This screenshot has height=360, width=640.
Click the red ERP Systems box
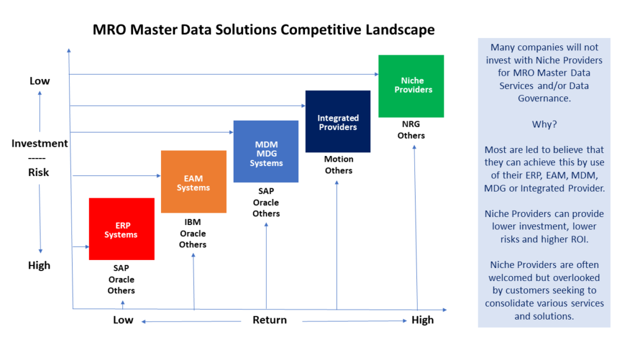pyautogui.click(x=121, y=229)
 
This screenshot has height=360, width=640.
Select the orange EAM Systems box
pyautogui.click(x=193, y=182)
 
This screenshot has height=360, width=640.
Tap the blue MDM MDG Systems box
pyautogui.click(x=266, y=152)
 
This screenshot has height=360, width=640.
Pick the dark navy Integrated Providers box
pyautogui.click(x=337, y=122)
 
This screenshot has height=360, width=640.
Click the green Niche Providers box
pyautogui.click(x=411, y=86)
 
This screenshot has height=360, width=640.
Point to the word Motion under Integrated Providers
pyautogui.click(x=338, y=159)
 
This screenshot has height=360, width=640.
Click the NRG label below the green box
pyautogui.click(x=411, y=124)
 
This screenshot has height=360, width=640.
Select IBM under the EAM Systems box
pyautogui.click(x=193, y=222)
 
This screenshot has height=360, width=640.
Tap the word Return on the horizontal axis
pyautogui.click(x=269, y=320)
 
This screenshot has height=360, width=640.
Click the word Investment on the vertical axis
pyautogui.click(x=40, y=143)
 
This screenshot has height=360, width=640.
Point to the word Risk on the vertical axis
pyautogui.click(x=40, y=172)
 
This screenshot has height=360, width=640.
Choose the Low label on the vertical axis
pyautogui.click(x=40, y=81)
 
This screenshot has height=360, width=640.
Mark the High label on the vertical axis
pyautogui.click(x=39, y=265)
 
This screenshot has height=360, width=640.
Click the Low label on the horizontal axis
pyautogui.click(x=123, y=320)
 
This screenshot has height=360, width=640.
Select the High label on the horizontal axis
pyautogui.click(x=423, y=320)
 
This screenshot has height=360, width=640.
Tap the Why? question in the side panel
pyautogui.click(x=544, y=124)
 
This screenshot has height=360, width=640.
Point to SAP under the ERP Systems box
pyautogui.click(x=121, y=268)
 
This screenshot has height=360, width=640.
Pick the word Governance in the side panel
pyautogui.click(x=544, y=98)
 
